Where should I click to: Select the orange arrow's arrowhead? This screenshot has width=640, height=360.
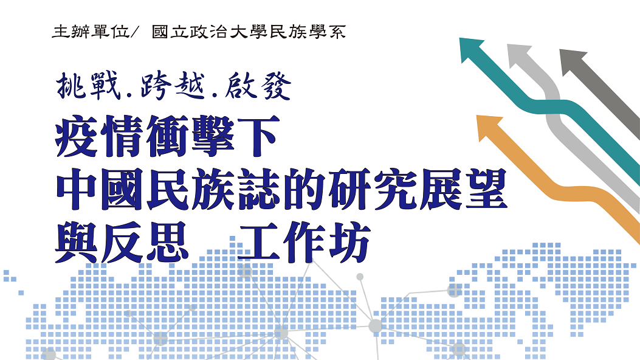487,126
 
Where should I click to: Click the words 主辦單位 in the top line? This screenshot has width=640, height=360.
91,32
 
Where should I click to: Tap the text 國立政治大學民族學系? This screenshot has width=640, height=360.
249,32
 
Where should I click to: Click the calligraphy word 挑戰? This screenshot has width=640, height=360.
89,85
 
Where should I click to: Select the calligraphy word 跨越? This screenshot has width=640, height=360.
172,85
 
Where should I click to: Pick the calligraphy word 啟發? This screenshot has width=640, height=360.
257,85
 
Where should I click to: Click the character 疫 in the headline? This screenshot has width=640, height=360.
77,136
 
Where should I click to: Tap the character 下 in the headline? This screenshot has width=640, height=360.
259,136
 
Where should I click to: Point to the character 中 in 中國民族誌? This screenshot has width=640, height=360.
77,189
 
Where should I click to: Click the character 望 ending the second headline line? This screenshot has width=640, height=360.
486,189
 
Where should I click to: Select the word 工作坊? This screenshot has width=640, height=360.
304,243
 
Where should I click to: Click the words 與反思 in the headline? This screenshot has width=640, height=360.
122,243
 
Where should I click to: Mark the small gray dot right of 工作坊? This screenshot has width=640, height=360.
360,277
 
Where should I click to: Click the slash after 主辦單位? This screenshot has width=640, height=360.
135,32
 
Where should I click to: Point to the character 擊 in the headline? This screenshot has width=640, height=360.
213,136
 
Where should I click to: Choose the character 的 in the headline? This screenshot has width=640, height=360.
304,189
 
